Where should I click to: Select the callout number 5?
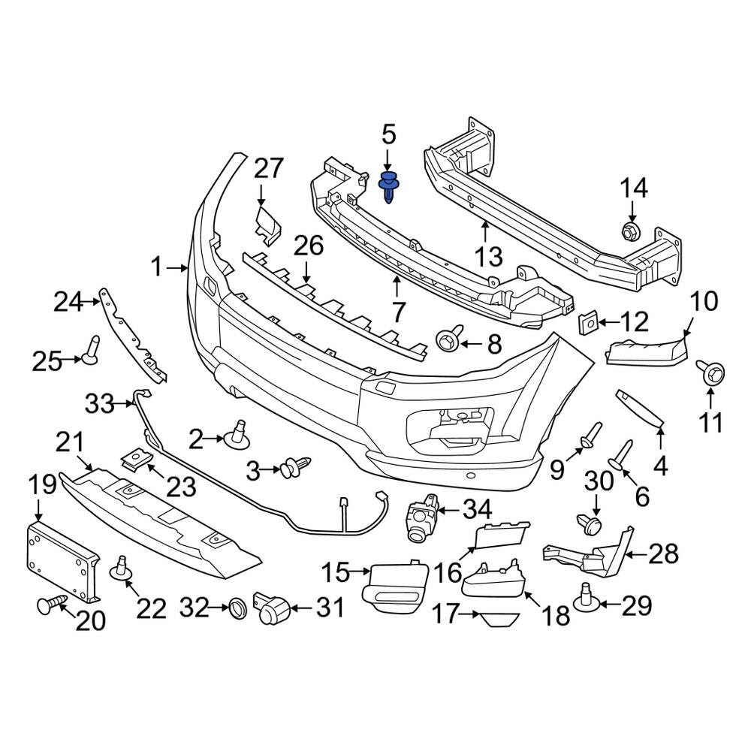[388, 135]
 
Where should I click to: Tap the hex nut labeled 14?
[630, 231]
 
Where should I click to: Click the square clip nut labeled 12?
[587, 324]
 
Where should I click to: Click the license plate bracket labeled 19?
[62, 559]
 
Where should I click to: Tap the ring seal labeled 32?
[238, 608]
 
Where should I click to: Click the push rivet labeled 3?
[294, 469]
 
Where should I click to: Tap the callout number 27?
[269, 169]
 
